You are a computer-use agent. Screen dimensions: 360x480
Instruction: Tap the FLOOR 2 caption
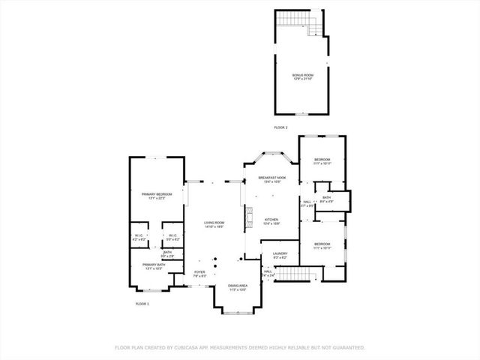pos(280,128)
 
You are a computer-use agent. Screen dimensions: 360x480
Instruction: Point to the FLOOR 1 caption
pos(142,303)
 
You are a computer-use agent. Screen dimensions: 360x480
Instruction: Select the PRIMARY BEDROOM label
pos(157,194)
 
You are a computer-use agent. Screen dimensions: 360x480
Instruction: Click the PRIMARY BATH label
pos(154,264)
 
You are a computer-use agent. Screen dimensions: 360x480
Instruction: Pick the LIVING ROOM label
pos(214,223)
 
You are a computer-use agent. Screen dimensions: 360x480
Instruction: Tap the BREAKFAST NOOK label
pos(272,178)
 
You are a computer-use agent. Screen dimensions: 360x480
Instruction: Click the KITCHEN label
pos(271,220)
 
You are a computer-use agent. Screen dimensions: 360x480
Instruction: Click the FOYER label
pos(199,272)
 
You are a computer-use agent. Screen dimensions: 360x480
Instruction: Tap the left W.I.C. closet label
pos(139,235)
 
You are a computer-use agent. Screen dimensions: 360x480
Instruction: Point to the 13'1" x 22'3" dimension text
pos(157,199)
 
